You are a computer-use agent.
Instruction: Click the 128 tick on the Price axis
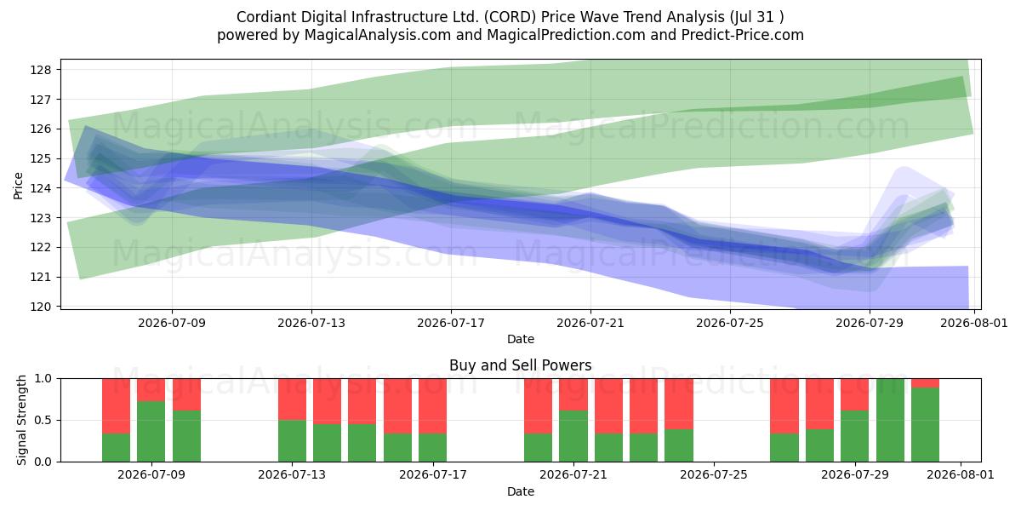pyautogui.click(x=41, y=70)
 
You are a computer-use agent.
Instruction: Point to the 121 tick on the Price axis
pyautogui.click(x=41, y=277)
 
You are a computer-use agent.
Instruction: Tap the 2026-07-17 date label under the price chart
pyautogui.click(x=451, y=323)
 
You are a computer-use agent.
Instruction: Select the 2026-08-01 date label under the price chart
pyautogui.click(x=973, y=323)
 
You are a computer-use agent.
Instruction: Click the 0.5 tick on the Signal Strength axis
pyautogui.click(x=43, y=420)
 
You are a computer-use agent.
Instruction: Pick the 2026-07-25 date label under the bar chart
pyautogui.click(x=714, y=475)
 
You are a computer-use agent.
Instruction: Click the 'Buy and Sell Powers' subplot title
pyautogui.click(x=521, y=365)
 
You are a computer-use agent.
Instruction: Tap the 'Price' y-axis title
pyautogui.click(x=18, y=186)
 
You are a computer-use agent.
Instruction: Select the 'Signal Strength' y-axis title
pyautogui.click(x=21, y=420)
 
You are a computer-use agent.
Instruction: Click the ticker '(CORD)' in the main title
pyautogui.click(x=510, y=17)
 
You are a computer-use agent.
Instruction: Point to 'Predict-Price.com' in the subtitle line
pyautogui.click(x=743, y=35)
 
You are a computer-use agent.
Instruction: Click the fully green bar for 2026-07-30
pyautogui.click(x=890, y=420)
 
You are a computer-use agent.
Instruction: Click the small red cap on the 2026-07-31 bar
pyautogui.click(x=926, y=383)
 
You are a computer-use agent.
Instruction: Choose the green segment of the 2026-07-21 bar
pyautogui.click(x=573, y=436)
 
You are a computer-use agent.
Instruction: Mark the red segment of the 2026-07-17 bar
pyautogui.click(x=432, y=406)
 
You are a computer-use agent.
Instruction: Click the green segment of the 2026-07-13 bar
pyautogui.click(x=292, y=441)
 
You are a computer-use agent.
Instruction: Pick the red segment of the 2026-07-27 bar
pyautogui.click(x=784, y=406)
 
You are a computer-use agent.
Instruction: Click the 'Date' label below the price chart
pyautogui.click(x=521, y=339)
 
